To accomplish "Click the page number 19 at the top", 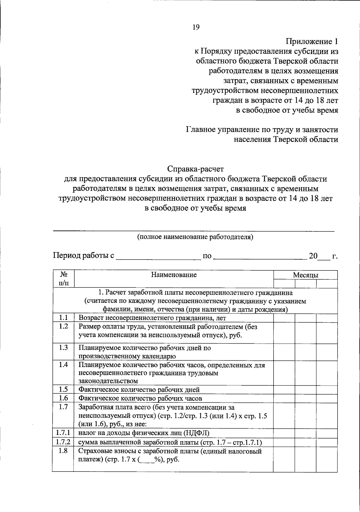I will [196, 27].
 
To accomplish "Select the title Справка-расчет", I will [196, 169].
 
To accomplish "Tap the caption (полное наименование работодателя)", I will [195, 237].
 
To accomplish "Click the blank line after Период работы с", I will [158, 256].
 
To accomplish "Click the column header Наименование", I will [174, 275].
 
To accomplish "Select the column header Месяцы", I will [305, 275].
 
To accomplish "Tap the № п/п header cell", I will [63, 279].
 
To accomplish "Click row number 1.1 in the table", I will [63, 318].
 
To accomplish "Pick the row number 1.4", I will [63, 365].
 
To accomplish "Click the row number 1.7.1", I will [63, 432].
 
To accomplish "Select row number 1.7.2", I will [63, 442].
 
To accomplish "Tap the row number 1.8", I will [63, 451].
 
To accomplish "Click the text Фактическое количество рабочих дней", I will [139, 390].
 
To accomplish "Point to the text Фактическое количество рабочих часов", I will [140, 399].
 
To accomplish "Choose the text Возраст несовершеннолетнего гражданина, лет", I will [152, 318].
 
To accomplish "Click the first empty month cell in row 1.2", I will [284, 333].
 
